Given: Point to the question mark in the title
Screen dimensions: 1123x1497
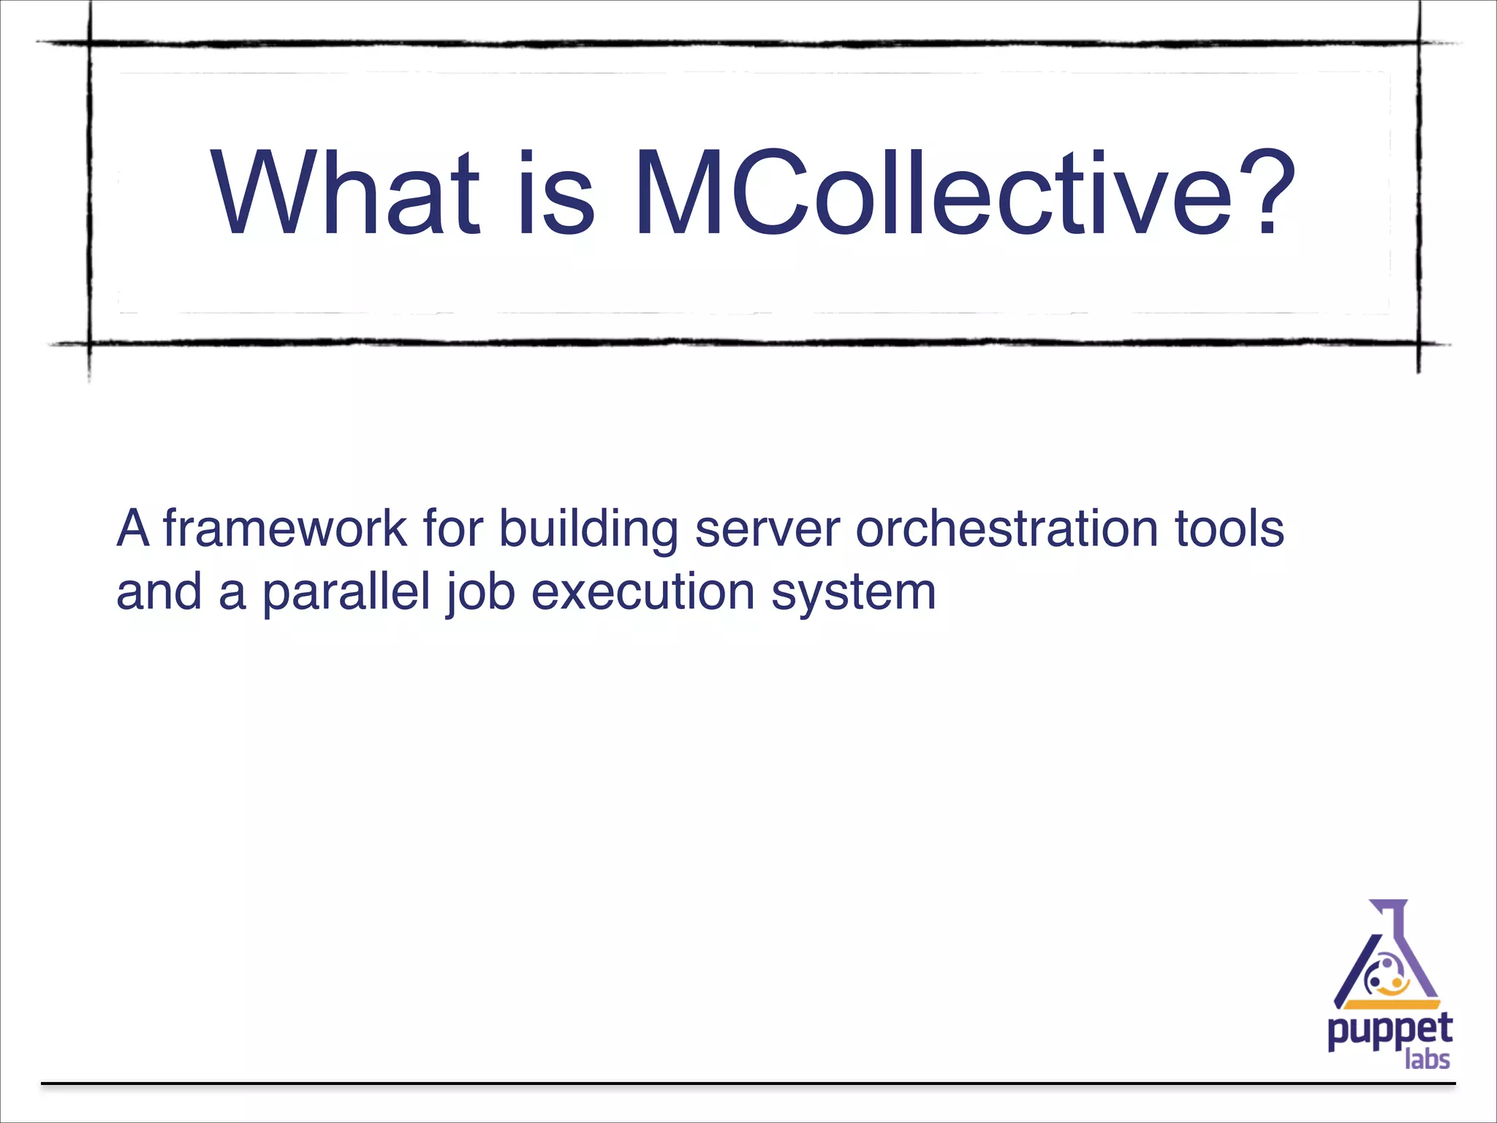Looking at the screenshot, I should coord(1260,193).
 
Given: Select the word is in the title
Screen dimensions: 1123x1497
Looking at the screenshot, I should coord(556,193).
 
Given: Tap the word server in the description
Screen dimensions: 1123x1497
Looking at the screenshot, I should coord(767,529).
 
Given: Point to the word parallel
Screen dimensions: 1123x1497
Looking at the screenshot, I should coord(346,591).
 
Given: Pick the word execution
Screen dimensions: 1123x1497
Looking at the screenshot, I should coord(643,591).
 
